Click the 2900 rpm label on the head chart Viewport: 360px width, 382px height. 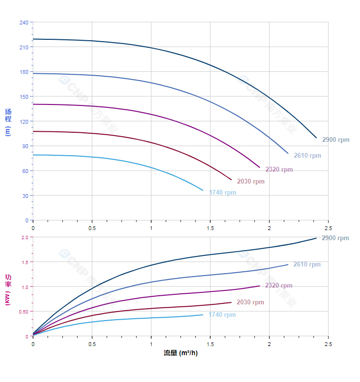tap(336, 140)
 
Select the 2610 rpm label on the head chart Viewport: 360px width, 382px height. tap(307, 156)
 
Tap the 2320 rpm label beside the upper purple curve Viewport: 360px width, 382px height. tap(279, 170)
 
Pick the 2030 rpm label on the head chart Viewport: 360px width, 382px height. tap(250, 182)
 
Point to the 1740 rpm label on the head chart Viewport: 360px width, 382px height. tap(223, 193)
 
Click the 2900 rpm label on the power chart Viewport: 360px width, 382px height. tap(335, 238)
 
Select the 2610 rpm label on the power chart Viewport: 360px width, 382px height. tap(307, 265)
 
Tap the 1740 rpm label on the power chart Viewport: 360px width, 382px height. tap(222, 315)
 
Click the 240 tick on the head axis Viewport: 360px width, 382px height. tap(23, 23)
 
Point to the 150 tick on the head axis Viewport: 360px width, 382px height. tap(23, 97)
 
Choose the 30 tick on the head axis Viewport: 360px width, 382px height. tap(25, 196)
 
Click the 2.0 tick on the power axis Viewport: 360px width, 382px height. tap(25, 237)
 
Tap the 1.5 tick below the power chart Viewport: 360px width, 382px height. tap(210, 344)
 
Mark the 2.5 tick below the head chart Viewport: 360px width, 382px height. tap(328, 228)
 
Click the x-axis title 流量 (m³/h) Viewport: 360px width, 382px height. tap(180, 353)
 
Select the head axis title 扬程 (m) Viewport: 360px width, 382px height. tap(8, 122)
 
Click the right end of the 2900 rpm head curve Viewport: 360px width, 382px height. tap(316, 138)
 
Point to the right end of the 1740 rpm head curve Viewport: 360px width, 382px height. tap(203, 190)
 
